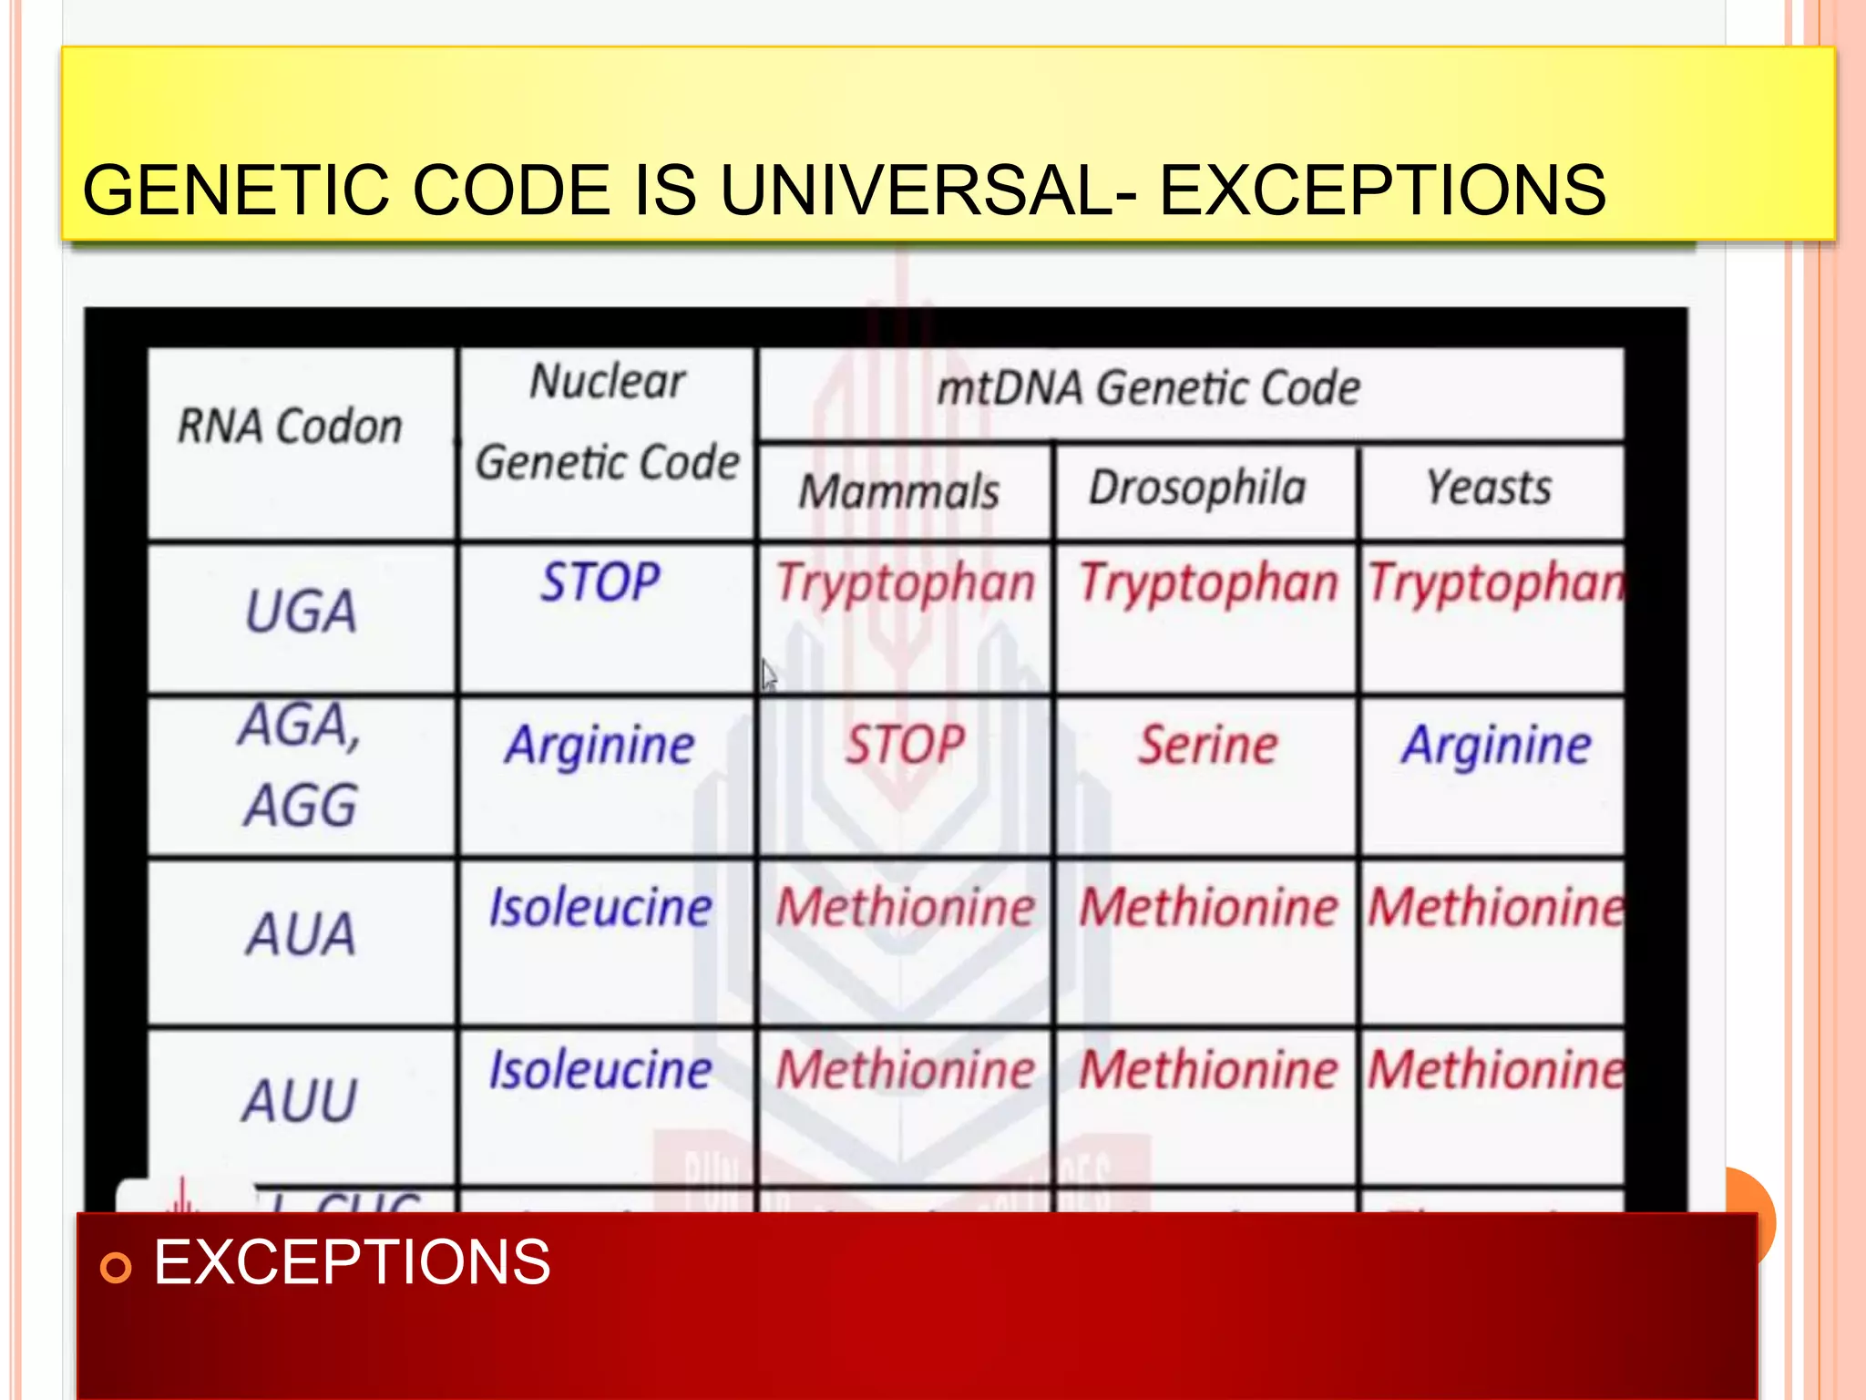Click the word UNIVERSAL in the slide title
coord(928,191)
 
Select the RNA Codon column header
coord(290,427)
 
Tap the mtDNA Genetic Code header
coord(1148,388)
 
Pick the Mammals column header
coord(899,491)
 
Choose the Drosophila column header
coord(1197,488)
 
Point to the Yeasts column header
coord(1489,488)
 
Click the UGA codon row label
coord(301,611)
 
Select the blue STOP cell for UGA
coord(600,582)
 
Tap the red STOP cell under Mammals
coord(904,745)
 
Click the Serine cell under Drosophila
coord(1208,745)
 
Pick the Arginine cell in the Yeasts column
coord(1496,745)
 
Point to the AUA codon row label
coord(301,934)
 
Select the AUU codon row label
coord(301,1100)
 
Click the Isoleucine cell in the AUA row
coord(600,908)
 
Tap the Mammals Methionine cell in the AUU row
coord(905,1069)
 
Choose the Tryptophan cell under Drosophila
coord(1208,582)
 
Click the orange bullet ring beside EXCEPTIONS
coord(116,1267)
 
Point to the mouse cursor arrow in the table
coord(768,674)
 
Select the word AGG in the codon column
coord(301,806)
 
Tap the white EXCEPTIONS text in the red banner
coord(352,1262)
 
